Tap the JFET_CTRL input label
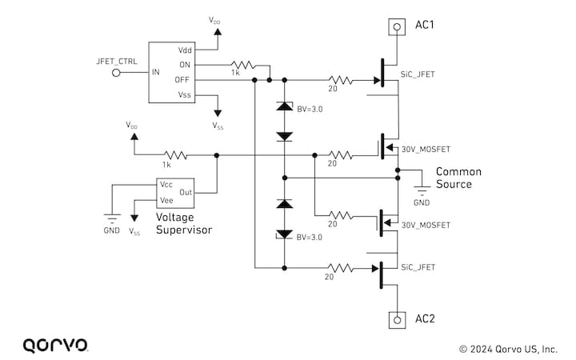coord(117,61)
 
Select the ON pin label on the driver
coord(184,65)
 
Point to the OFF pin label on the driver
coord(183,80)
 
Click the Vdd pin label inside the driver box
coord(184,50)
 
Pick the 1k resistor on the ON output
coord(239,65)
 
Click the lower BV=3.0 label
coord(310,238)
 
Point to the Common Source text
coord(453,178)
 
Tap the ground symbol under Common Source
coord(421,190)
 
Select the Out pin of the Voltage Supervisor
coord(186,192)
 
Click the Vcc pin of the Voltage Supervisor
coord(167,184)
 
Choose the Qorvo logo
coord(55,345)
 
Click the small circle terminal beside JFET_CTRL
coord(117,73)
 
